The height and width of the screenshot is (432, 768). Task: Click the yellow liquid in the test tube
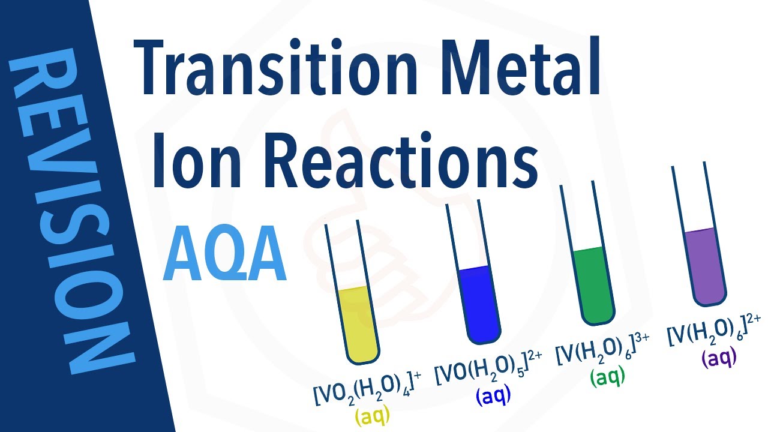355,324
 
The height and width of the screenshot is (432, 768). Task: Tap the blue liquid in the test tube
478,303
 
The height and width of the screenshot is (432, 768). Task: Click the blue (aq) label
493,396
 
